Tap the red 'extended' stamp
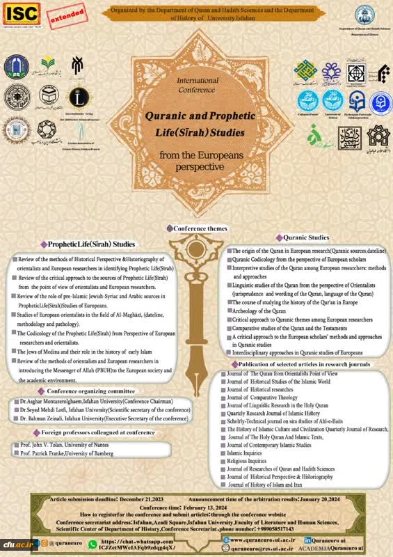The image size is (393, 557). click(66, 13)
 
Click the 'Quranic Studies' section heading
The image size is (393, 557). click(305, 237)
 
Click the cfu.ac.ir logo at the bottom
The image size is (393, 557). click(15, 542)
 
